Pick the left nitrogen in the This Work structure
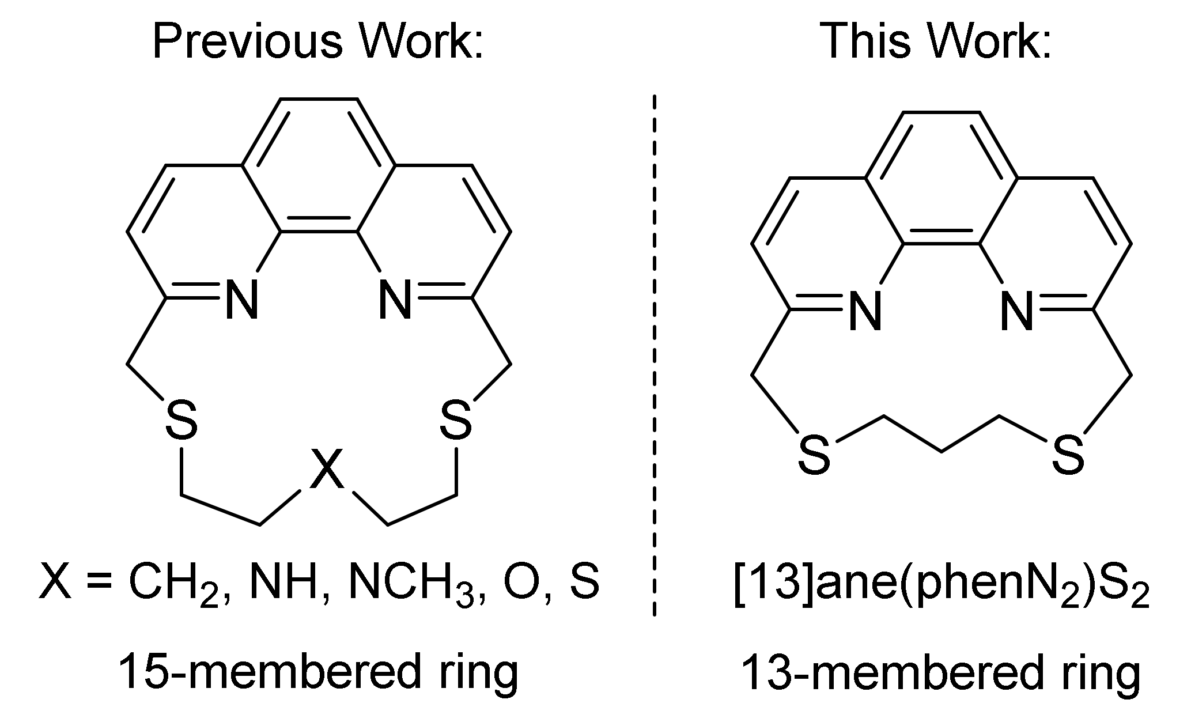click(866, 312)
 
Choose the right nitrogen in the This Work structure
click(1017, 312)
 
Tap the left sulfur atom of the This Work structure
click(814, 455)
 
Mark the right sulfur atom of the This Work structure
click(1068, 455)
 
